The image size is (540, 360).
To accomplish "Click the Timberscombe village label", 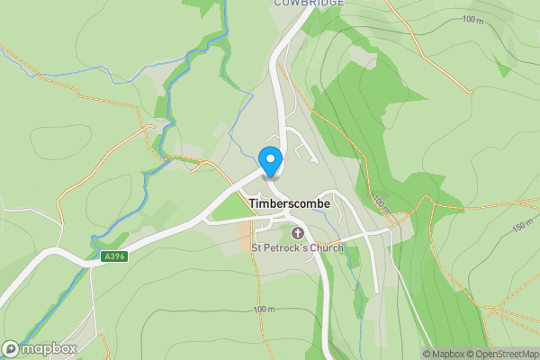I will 289,204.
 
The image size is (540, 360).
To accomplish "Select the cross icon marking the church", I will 297,234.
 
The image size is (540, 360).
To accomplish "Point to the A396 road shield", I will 114,256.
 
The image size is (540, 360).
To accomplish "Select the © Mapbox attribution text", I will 442,354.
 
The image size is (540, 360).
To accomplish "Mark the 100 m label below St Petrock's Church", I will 264,310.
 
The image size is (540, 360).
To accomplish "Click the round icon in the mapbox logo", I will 12,348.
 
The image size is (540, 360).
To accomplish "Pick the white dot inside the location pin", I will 270,158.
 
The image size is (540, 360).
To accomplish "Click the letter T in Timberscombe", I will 252,204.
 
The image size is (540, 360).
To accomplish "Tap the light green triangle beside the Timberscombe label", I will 229,208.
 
